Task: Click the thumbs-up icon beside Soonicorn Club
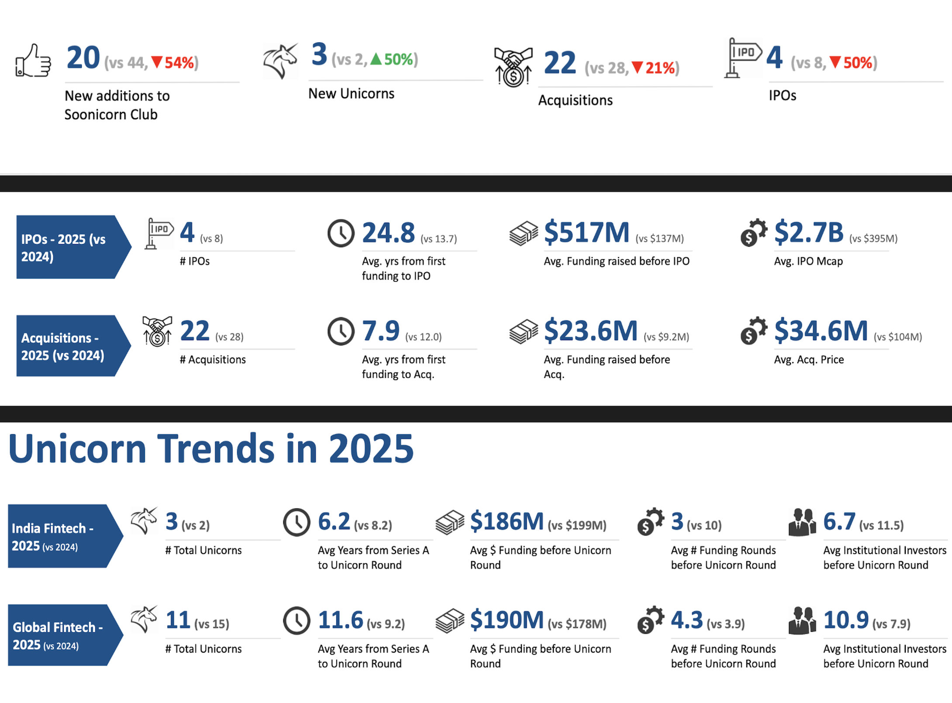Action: click(33, 61)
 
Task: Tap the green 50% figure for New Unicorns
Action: click(398, 59)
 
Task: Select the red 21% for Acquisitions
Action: click(660, 68)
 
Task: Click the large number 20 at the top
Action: click(83, 58)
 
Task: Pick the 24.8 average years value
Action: click(388, 232)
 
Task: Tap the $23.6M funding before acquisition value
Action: click(590, 331)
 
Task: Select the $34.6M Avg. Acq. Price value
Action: click(821, 331)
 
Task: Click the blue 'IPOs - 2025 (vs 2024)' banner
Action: click(70, 247)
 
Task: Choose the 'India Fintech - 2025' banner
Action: click(61, 536)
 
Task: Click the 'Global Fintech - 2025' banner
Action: click(61, 635)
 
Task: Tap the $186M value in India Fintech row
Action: click(507, 521)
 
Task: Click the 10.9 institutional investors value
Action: click(845, 620)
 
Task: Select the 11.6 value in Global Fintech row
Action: click(340, 620)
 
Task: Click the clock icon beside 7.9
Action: click(341, 331)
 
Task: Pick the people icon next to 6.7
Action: click(802, 522)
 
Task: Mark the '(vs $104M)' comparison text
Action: click(897, 337)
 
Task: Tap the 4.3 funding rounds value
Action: click(686, 620)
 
